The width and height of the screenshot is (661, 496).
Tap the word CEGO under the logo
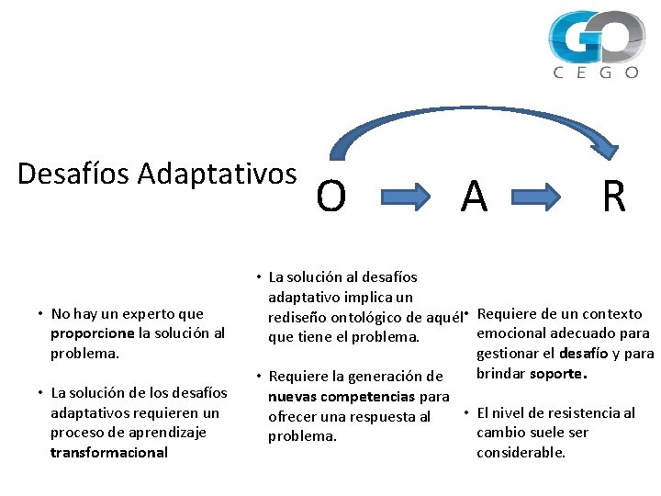[596, 73]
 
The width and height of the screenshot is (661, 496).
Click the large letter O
[331, 197]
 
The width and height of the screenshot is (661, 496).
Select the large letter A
[474, 197]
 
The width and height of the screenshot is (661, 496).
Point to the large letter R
[613, 197]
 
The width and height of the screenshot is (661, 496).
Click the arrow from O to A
[404, 197]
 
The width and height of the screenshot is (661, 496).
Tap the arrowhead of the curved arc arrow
[616, 147]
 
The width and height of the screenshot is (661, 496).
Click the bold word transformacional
[109, 452]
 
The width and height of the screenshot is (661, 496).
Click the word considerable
[521, 452]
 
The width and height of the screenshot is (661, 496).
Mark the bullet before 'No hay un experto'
[40, 314]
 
